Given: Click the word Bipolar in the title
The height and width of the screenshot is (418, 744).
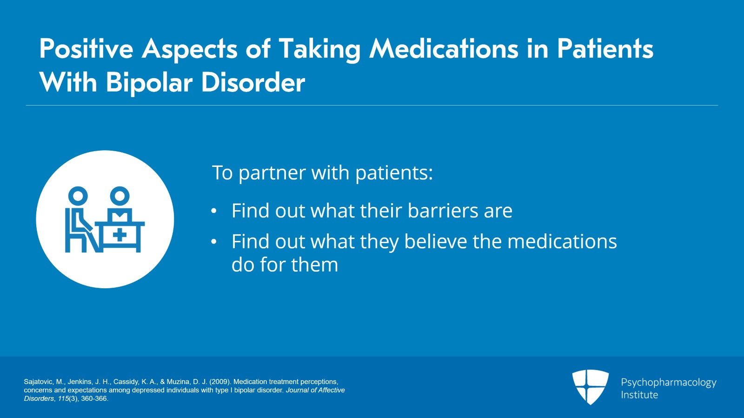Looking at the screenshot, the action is [149, 83].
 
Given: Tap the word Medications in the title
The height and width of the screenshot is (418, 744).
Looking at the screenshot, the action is [444, 49].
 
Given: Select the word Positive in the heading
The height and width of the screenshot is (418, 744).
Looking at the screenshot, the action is [86, 49].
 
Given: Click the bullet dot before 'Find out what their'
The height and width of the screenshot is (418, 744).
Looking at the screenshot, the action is [214, 211].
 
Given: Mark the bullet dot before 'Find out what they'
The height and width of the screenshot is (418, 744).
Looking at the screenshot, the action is [214, 242].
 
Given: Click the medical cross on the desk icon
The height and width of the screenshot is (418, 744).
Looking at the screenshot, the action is [120, 235].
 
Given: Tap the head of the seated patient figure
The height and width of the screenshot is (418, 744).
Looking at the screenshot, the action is [78, 196].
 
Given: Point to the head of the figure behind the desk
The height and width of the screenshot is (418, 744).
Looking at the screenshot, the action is [120, 196].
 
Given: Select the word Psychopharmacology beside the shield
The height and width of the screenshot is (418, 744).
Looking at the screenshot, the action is [669, 383].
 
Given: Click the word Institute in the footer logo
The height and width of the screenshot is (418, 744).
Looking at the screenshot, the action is [639, 395].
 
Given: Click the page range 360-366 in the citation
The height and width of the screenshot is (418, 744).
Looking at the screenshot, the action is [94, 398].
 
